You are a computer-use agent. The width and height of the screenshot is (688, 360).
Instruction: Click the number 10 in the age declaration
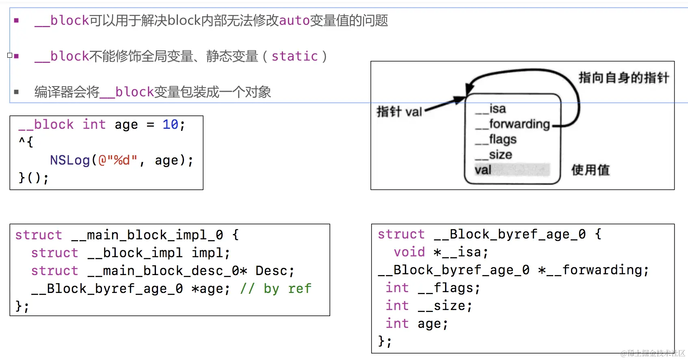tap(170, 124)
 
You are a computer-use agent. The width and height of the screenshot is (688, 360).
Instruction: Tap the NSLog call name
tap(70, 160)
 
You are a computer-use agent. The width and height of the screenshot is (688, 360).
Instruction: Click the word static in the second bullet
tap(294, 56)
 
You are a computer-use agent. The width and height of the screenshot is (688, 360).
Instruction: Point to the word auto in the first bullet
tap(294, 20)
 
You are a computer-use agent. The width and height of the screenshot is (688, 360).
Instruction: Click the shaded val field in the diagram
tap(512, 170)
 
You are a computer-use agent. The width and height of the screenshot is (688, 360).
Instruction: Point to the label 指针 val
tap(399, 111)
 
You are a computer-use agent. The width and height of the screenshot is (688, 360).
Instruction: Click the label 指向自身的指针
tap(623, 78)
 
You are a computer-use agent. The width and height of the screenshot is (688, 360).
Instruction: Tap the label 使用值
tap(590, 170)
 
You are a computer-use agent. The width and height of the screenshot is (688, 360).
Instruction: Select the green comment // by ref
tap(276, 288)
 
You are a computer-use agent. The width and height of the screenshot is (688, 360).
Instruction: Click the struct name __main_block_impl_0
tap(147, 235)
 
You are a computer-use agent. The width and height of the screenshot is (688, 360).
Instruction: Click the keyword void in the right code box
tap(409, 252)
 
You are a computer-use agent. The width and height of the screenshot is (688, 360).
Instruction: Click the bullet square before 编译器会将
tap(16, 92)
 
